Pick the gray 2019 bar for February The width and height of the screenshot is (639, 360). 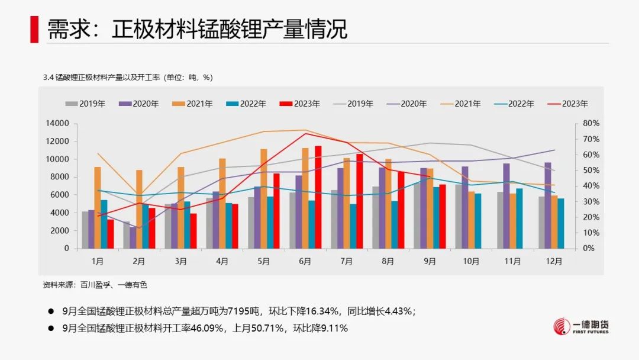pos(127,235)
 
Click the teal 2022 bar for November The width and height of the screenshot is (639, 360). pos(519,218)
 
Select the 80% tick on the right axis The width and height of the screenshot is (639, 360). pos(591,123)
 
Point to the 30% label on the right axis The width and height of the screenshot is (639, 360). pos(591,201)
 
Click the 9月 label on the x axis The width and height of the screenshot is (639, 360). pos(430,261)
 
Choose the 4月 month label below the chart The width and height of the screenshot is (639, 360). pos(222,261)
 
